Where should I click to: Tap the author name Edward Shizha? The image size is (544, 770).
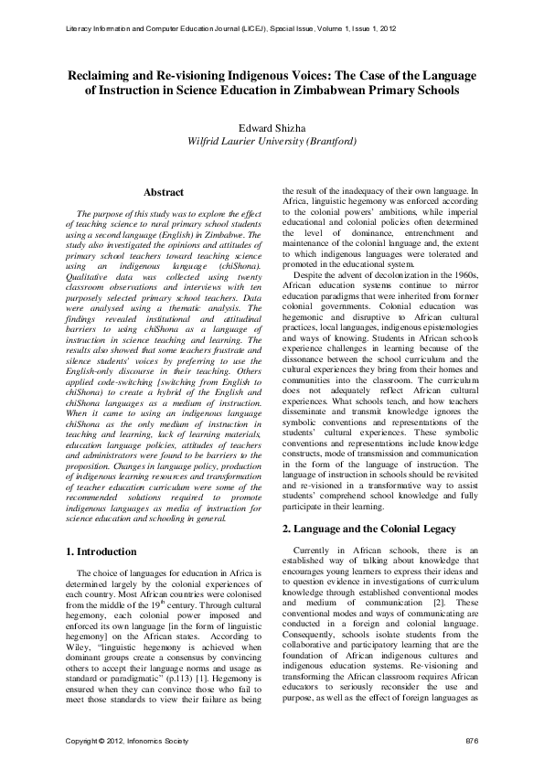272,128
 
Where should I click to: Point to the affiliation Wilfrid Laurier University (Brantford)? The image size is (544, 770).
272,142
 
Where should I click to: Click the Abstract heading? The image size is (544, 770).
164,192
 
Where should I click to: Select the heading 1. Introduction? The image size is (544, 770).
103,551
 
